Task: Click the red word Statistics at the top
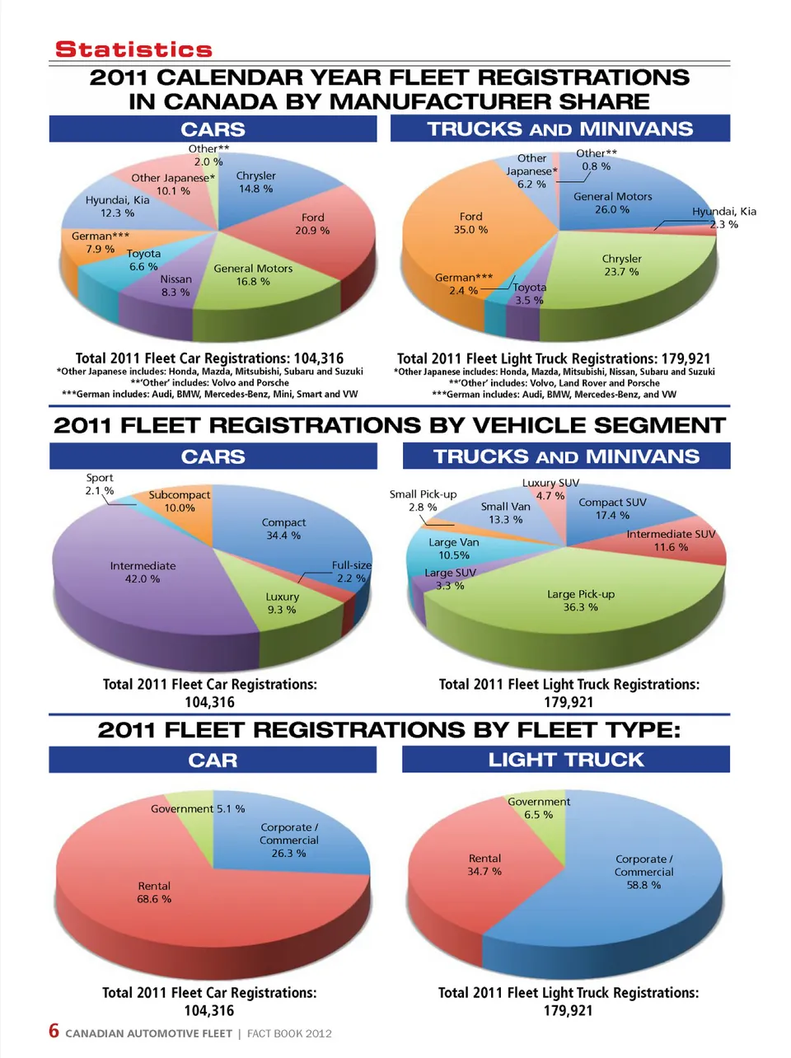[133, 49]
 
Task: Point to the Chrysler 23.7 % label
[621, 265]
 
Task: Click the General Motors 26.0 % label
[612, 203]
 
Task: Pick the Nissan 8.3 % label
[176, 286]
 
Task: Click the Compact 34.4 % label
[283, 529]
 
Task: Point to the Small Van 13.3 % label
[505, 513]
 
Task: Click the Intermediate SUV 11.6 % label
[671, 541]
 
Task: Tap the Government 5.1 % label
[198, 809]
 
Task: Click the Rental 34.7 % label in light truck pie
[484, 864]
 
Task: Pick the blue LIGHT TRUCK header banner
[565, 760]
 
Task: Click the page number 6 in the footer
[54, 1031]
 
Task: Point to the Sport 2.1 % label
[100, 484]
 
